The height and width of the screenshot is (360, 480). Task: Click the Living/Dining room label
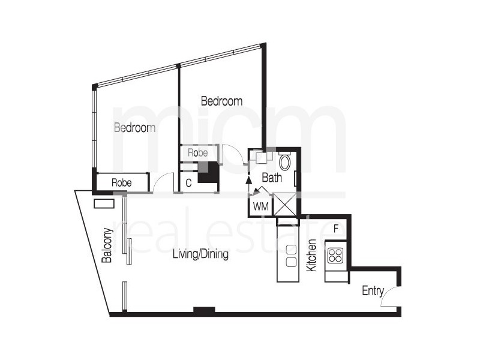pyautogui.click(x=200, y=254)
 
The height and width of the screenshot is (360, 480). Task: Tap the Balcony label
pyautogui.click(x=107, y=245)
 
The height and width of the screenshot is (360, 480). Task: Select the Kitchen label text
pyautogui.click(x=311, y=256)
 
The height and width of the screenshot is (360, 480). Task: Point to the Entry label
pyautogui.click(x=373, y=291)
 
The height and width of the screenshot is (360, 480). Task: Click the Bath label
pyautogui.click(x=271, y=178)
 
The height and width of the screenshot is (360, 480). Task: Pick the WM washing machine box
pyautogui.click(x=260, y=206)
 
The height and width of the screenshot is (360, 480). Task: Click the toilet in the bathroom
pyautogui.click(x=285, y=161)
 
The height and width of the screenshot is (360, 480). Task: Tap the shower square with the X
pyautogui.click(x=284, y=204)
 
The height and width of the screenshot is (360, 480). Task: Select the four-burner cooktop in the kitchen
pyautogui.click(x=335, y=256)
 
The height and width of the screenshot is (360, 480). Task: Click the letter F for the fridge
pyautogui.click(x=336, y=229)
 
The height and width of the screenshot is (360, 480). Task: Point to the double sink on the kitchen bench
pyautogui.click(x=292, y=256)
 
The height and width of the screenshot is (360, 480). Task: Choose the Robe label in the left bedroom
pyautogui.click(x=122, y=181)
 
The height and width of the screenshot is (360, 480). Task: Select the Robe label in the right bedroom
pyautogui.click(x=197, y=153)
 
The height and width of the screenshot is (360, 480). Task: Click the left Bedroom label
pyautogui.click(x=135, y=128)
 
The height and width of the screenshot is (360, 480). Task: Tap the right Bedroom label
pyautogui.click(x=221, y=101)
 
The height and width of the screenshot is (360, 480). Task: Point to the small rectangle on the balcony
pyautogui.click(x=104, y=203)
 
